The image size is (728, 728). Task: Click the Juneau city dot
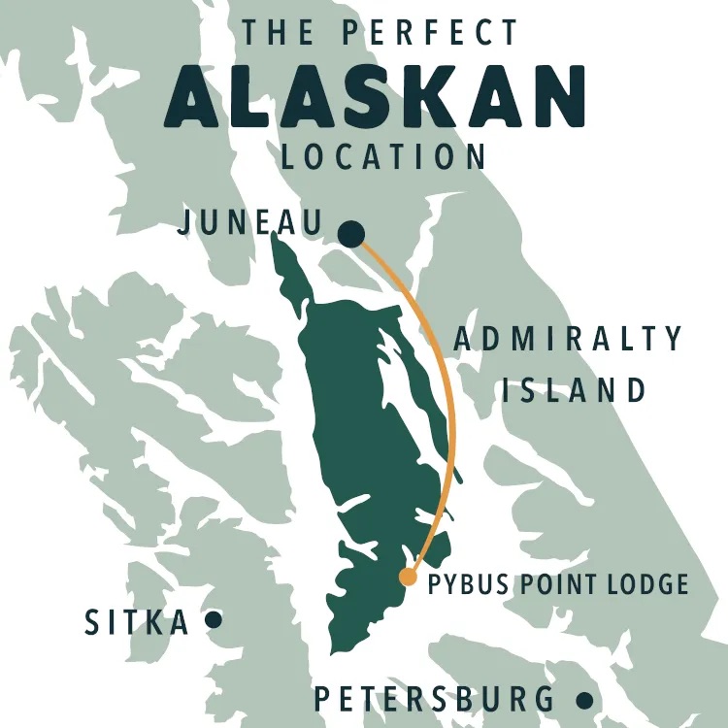coord(351,234)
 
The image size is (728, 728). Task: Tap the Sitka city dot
coord(214,618)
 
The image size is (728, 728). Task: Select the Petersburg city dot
coord(584,699)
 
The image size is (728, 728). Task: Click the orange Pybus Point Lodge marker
coord(409,578)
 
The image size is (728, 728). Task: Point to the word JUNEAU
coord(250,224)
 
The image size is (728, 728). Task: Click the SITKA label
coord(137,621)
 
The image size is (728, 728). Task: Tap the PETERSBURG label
coord(435,699)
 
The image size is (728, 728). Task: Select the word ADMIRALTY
coord(569,340)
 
